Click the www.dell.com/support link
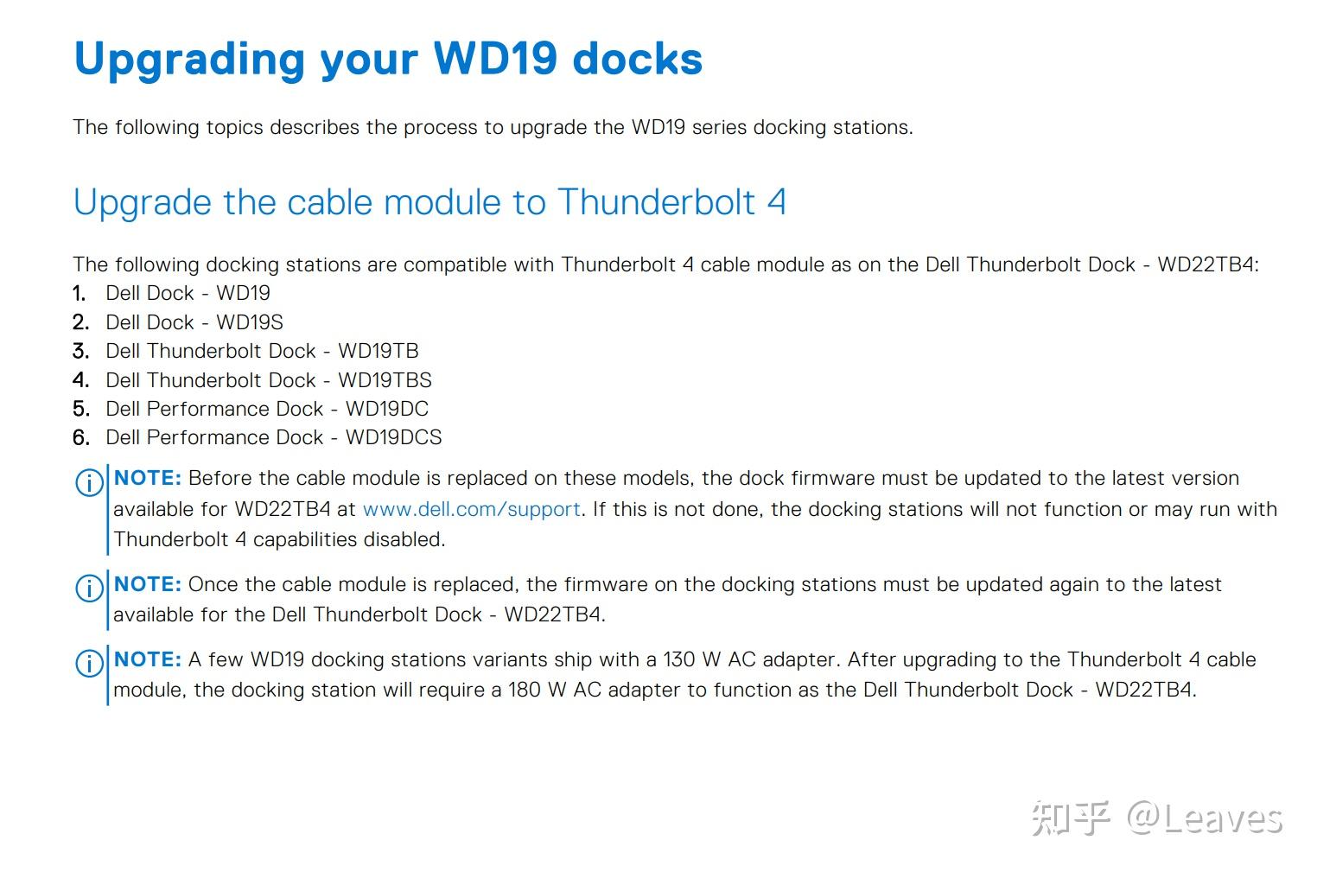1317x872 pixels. tap(471, 509)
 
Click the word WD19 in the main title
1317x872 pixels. tap(495, 59)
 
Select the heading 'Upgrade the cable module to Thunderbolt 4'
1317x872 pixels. tap(429, 202)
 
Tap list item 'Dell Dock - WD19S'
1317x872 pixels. tap(194, 322)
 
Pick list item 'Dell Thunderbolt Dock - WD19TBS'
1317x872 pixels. tap(268, 380)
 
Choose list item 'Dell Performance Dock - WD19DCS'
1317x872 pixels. tap(273, 437)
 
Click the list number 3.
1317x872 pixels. tap(80, 351)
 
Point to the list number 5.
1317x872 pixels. tap(80, 409)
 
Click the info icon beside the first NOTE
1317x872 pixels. tap(89, 483)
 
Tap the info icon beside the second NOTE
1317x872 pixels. tap(89, 589)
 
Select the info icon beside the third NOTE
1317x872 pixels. tap(89, 664)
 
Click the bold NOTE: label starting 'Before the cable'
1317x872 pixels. tap(147, 478)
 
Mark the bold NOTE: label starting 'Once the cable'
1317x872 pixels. tap(147, 584)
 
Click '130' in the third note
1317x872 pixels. tap(678, 659)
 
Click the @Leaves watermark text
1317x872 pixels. tap(1204, 818)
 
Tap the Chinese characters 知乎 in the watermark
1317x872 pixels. tap(1070, 818)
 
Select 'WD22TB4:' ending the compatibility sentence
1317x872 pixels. tap(1207, 264)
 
